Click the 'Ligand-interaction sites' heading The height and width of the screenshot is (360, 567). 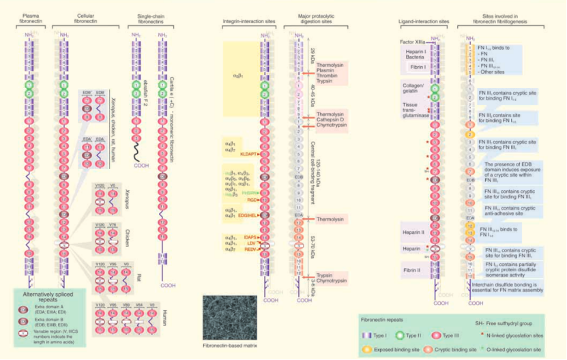[421, 21]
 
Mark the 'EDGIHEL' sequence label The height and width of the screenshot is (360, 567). [248, 216]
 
